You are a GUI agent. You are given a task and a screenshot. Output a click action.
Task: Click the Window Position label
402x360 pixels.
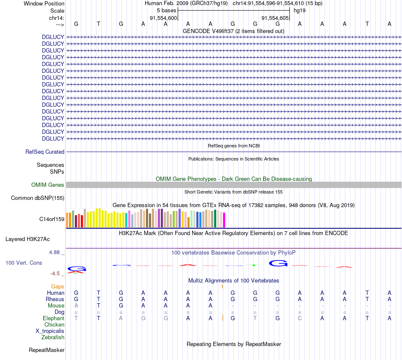[x=44, y=3]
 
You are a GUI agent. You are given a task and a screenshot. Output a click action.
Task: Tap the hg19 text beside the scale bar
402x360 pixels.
[x=300, y=10]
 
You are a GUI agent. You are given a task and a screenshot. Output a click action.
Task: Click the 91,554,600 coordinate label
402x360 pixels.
[x=163, y=18]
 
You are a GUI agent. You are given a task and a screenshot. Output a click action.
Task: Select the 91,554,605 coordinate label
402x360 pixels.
[x=275, y=18]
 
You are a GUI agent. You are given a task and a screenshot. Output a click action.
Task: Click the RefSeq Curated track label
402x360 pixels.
[x=45, y=152]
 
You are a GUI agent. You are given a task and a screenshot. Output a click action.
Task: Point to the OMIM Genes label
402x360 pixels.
[x=48, y=185]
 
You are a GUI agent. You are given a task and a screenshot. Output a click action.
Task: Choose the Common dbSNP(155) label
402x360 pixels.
[x=38, y=198]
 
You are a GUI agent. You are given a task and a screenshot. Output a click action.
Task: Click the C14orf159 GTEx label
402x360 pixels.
[x=52, y=219]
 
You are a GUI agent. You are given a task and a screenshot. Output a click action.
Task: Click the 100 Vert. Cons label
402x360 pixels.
[x=24, y=263]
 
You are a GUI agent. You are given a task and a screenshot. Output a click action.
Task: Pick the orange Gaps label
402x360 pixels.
[x=58, y=287]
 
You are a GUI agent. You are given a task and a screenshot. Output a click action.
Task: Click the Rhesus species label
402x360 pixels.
[x=55, y=299]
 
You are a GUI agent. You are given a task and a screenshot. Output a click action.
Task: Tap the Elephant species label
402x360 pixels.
[x=53, y=318]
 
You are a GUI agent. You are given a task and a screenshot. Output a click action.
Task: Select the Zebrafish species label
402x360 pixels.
[x=53, y=338]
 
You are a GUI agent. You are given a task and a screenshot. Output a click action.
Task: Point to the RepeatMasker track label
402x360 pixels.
[x=47, y=350]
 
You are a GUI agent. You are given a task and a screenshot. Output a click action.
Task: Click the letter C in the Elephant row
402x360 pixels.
[x=300, y=318]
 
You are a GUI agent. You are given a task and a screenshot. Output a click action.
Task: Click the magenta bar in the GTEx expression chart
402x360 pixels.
[x=224, y=219]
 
